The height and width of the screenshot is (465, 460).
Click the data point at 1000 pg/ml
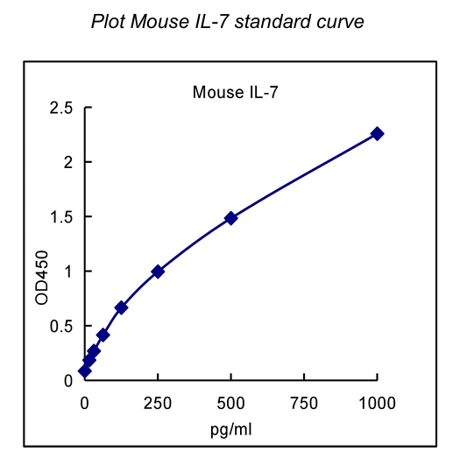pos(377,133)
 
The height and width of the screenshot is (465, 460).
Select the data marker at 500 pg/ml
pos(230,218)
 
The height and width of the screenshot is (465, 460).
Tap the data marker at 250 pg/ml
pos(158,271)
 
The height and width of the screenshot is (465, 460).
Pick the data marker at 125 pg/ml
pos(121,307)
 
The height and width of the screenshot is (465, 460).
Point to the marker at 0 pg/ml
pos(85,371)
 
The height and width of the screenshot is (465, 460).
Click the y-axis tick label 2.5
pos(60,109)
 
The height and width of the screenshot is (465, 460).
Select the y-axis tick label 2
pos(67,163)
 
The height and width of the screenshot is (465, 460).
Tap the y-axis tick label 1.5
pos(60,217)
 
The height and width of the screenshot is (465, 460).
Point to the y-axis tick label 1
pos(67,271)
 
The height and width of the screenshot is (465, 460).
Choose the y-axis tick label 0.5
pos(60,326)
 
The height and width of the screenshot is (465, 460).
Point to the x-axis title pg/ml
pos(230,429)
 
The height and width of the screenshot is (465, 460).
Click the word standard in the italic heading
pos(275,20)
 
